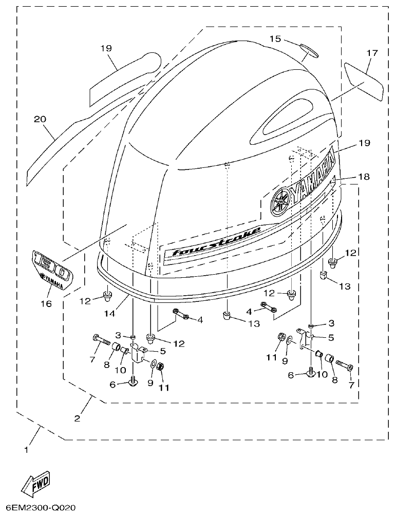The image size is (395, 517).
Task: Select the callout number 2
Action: [77, 418]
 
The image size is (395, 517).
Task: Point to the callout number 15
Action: [275, 39]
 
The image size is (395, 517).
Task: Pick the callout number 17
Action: [372, 53]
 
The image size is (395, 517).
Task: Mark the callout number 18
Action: [364, 177]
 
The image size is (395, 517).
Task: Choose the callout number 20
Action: [40, 119]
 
